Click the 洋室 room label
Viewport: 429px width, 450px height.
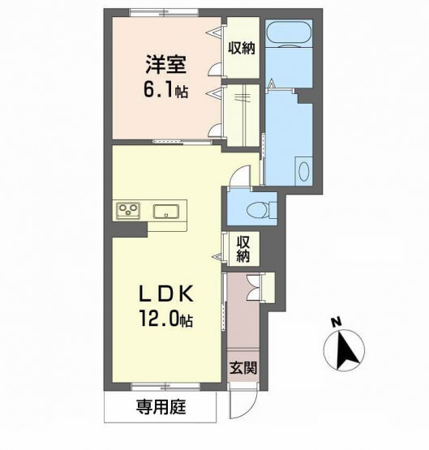click(x=166, y=64)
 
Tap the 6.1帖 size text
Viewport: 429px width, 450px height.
click(x=165, y=91)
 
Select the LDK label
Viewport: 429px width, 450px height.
click(x=166, y=294)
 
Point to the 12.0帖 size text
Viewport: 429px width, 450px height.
click(x=166, y=319)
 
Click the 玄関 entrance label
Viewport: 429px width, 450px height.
click(x=243, y=367)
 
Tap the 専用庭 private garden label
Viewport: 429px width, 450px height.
click(x=161, y=407)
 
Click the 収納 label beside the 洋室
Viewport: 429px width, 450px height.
click(x=242, y=48)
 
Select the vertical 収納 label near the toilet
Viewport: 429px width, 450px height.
click(x=243, y=249)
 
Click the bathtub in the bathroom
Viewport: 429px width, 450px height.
click(x=289, y=33)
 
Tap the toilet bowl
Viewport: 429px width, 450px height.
click(x=258, y=208)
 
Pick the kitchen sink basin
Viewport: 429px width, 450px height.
click(x=166, y=212)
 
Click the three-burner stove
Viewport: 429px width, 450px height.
click(x=128, y=211)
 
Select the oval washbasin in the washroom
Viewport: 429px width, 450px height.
click(x=304, y=172)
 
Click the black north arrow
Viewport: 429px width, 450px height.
click(x=346, y=349)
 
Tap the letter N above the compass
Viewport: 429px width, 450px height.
click(x=337, y=322)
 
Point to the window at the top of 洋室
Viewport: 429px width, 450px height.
click(x=164, y=13)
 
